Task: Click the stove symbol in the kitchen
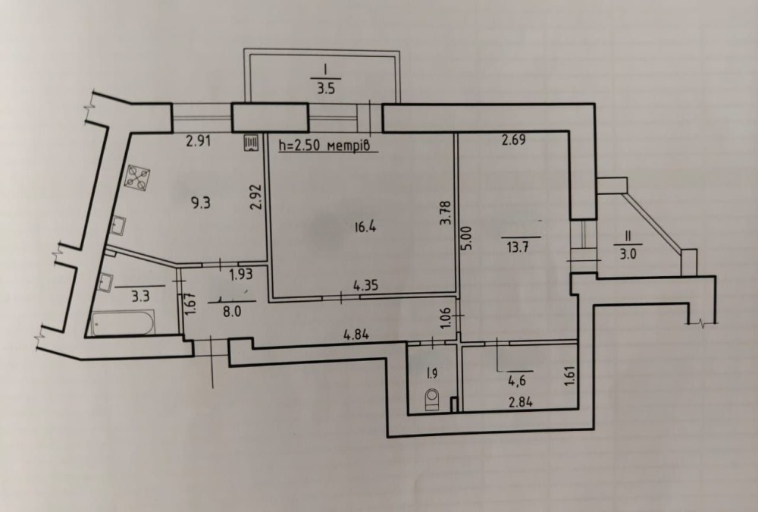click(137, 177)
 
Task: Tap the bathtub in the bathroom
click(123, 323)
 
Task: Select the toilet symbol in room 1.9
click(431, 400)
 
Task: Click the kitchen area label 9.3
click(201, 203)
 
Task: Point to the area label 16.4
click(365, 227)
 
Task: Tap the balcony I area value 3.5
click(326, 90)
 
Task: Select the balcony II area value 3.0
click(628, 253)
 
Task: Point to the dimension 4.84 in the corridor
click(356, 334)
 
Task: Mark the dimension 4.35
click(366, 285)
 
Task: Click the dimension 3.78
click(446, 213)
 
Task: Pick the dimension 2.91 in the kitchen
click(199, 143)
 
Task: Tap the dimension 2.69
click(513, 140)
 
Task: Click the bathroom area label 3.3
click(141, 296)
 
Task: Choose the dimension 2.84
click(520, 401)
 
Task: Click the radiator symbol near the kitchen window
click(252, 143)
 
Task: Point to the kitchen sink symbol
click(118, 225)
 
